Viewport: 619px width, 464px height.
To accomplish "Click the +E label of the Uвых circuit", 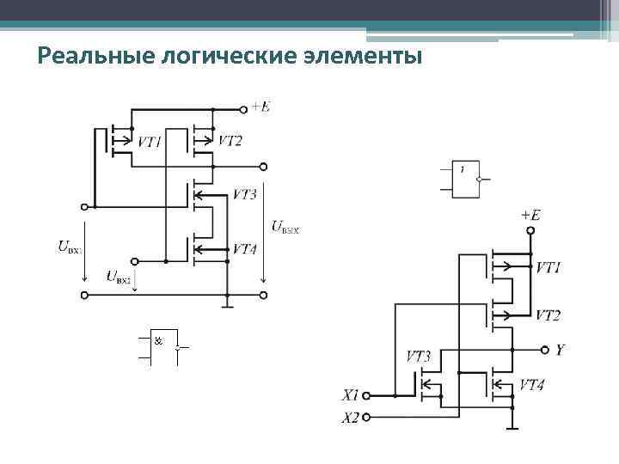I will point(260,107).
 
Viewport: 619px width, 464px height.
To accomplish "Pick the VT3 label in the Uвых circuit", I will point(244,195).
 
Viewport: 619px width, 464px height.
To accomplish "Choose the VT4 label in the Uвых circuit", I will point(244,249).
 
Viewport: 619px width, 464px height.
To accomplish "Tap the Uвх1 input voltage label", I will point(70,248).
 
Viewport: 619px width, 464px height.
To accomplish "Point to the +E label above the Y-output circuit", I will point(530,215).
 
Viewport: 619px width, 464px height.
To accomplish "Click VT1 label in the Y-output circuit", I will point(548,268).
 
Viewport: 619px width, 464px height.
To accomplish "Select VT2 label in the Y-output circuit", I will point(548,315).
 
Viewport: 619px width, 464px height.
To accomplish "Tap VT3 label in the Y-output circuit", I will point(418,356).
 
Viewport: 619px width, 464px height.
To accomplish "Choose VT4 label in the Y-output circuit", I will point(533,385).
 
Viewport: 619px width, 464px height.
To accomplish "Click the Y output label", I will point(561,350).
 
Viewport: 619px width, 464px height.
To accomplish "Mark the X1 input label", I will point(349,396).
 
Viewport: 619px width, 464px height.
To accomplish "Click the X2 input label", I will point(349,418).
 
